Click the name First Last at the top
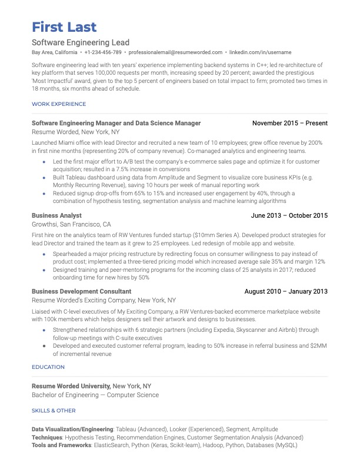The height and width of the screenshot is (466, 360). pyautogui.click(x=64, y=26)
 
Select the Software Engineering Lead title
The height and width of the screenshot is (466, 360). pyautogui.click(x=81, y=43)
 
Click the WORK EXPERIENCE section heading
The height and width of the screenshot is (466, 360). pyautogui.click(x=58, y=104)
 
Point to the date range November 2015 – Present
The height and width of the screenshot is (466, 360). pyautogui.click(x=289, y=124)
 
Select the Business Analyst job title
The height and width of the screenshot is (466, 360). pyautogui.click(x=56, y=216)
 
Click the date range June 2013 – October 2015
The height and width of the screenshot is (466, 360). pyautogui.click(x=289, y=216)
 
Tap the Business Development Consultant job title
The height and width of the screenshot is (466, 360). pyautogui.click(x=81, y=291)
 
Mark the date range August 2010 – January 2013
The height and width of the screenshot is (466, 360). pyautogui.click(x=286, y=291)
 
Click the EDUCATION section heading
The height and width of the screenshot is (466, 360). pyautogui.click(x=48, y=367)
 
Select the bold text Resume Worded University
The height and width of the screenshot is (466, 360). pyautogui.click(x=71, y=386)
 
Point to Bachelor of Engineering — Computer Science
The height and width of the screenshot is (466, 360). pyautogui.click(x=95, y=395)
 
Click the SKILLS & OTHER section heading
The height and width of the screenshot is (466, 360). pyautogui.click(x=54, y=411)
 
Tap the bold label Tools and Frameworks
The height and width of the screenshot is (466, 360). pyautogui.click(x=61, y=445)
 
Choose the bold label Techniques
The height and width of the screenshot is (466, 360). pyautogui.click(x=46, y=438)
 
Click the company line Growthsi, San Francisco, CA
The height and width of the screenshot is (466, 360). pyautogui.click(x=71, y=225)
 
